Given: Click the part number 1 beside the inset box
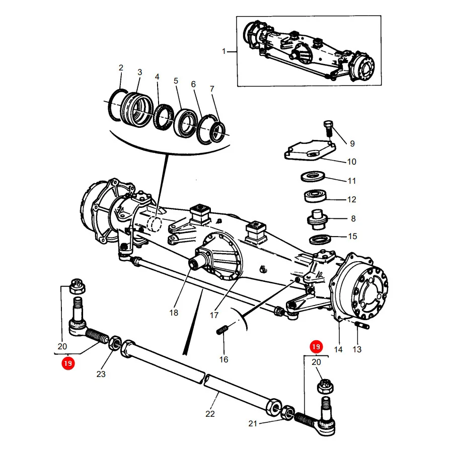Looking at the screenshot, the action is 223,51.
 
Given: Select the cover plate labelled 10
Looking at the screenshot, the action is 310,150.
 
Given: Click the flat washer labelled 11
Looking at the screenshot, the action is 313,176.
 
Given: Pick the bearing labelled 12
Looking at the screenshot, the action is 315,196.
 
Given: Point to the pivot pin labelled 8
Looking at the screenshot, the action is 317,219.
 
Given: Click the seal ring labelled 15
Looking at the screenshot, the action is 320,239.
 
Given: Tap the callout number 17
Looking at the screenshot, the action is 214,315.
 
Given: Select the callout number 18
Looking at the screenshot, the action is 174,313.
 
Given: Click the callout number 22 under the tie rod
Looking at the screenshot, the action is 210,414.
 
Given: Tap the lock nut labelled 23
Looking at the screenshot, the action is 115,343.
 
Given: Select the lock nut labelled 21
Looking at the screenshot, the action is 288,413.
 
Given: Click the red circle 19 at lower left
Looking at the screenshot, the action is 68,363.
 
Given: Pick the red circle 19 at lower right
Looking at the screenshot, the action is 316,347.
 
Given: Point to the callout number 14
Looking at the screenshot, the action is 338,349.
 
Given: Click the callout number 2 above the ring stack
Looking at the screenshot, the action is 121,67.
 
